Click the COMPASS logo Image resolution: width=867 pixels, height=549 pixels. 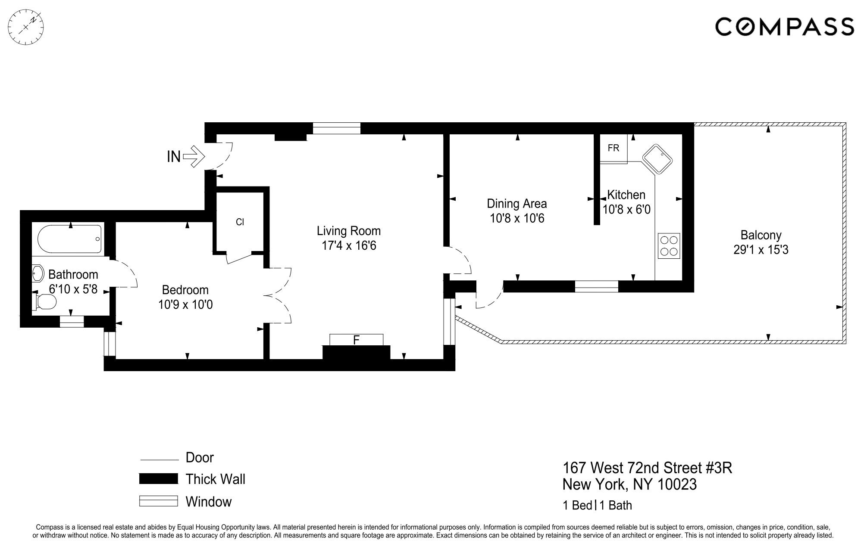784,27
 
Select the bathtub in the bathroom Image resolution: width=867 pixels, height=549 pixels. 69,239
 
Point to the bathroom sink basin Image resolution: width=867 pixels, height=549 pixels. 38,273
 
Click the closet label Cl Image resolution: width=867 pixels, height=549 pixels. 240,222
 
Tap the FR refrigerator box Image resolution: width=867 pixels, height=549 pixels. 613,148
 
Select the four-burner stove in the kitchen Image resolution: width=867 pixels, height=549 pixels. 669,246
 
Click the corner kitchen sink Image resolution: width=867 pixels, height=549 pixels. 657,160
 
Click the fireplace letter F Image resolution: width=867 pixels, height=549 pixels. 356,340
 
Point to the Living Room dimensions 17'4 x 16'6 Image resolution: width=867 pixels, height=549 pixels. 349,246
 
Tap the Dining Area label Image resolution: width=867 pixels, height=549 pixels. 516,204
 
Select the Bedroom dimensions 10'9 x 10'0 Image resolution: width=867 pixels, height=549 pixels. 185,305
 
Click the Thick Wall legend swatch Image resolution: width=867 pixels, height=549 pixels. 158,479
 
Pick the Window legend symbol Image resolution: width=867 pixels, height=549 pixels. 158,501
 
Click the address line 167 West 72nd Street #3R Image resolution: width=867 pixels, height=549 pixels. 647,468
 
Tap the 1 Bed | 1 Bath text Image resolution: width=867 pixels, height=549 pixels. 597,505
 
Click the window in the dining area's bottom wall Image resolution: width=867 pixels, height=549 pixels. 596,286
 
